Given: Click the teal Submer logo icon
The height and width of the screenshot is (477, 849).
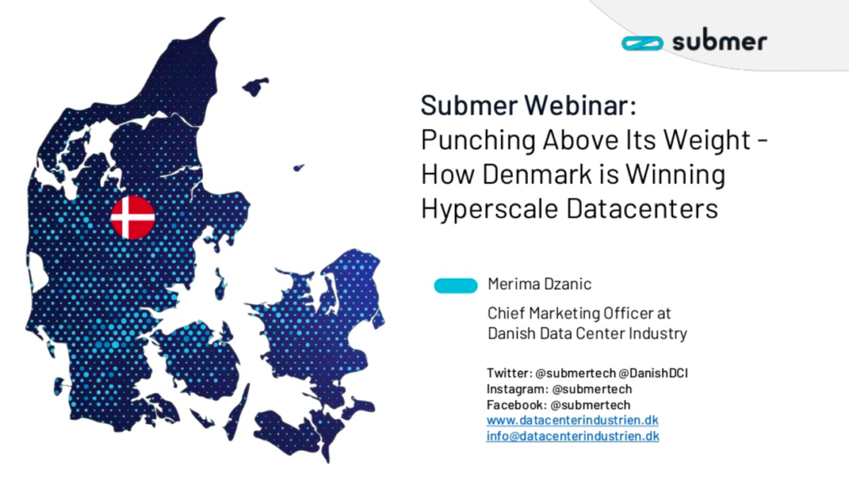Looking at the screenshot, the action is [x=642, y=43].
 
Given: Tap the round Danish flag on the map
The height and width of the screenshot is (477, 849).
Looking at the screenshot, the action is [x=133, y=218].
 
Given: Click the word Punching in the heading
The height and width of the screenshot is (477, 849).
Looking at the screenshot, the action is [x=478, y=141].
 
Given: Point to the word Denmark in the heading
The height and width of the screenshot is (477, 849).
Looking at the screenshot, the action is [x=537, y=174].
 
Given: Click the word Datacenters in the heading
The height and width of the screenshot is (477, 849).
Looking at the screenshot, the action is [x=642, y=208].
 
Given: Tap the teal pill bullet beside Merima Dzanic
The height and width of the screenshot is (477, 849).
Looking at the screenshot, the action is [x=456, y=285].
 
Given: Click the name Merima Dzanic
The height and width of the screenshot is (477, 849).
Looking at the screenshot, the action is [x=539, y=284].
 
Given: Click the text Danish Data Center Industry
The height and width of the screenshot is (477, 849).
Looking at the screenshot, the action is [x=587, y=334].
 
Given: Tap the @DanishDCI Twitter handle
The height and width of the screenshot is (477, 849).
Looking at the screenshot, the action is [x=653, y=373].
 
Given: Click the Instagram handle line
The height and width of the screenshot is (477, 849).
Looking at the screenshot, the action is [x=560, y=389].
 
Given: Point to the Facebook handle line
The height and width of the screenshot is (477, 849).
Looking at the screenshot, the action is [x=559, y=405].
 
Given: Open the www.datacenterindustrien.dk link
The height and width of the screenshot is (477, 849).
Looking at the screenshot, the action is [x=572, y=420].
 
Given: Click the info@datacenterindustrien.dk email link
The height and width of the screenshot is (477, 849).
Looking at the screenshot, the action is [x=572, y=436].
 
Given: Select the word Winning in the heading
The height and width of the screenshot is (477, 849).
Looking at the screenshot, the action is [x=676, y=175].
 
